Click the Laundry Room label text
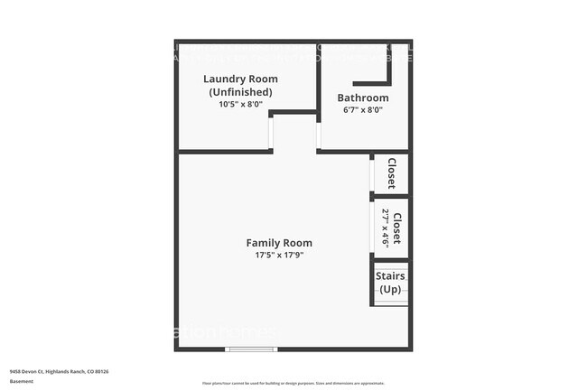(239, 79)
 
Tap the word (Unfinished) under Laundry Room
(240, 92)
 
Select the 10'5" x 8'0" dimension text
(240, 105)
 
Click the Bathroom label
(363, 98)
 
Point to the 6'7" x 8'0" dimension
(363, 110)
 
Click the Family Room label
(279, 243)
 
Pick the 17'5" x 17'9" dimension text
(279, 256)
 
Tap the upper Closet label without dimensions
(392, 173)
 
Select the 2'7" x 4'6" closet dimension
(386, 228)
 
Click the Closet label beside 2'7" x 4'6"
(396, 228)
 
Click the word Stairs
(390, 276)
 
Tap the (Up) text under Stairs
(390, 289)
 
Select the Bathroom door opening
(318, 135)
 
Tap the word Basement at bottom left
(22, 381)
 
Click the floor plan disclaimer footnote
(293, 384)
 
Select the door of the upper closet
(371, 174)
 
